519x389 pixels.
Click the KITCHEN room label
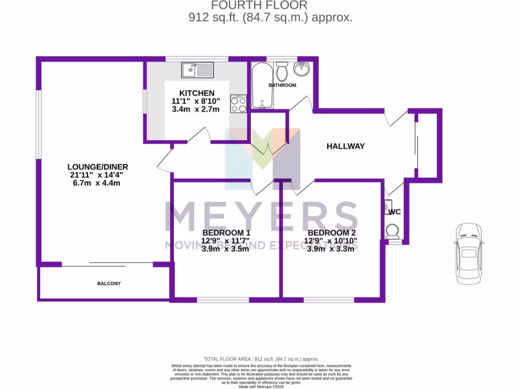pos(197,93)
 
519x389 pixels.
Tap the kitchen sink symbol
pos(198,68)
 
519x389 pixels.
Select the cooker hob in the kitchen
pos(238,104)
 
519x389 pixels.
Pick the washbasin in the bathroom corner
pos(303,68)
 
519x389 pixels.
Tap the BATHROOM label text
pos(282,86)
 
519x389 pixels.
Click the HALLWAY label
pos(345,146)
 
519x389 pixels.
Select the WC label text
pos(395,212)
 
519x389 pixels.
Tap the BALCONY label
pos(109,284)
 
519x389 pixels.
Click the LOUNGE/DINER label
pos(97,167)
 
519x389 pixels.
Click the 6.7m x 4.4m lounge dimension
pos(97,183)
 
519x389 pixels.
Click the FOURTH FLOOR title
pos(259,6)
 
